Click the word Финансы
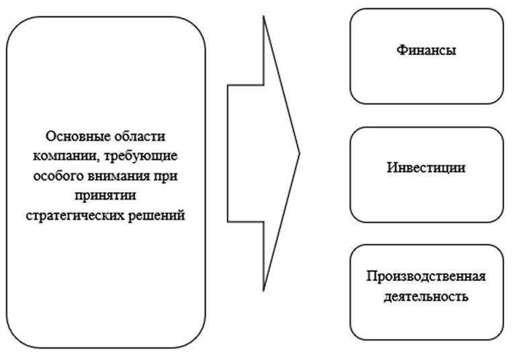tap(427, 50)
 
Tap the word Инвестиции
tap(427, 167)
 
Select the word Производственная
tap(427, 277)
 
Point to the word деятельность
tap(427, 296)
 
